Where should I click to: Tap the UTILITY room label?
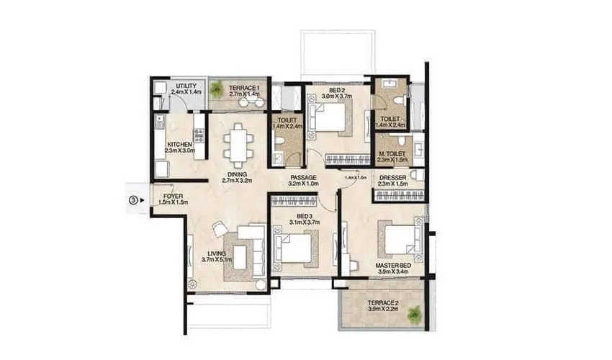pos(186,86)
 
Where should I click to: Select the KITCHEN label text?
pos(179,145)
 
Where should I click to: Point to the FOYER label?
pos(172,195)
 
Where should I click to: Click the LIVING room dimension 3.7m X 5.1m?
pos(217,261)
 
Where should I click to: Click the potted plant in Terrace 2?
pos(413,315)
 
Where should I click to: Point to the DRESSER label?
pos(392,178)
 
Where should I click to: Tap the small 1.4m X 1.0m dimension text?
pos(356,177)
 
